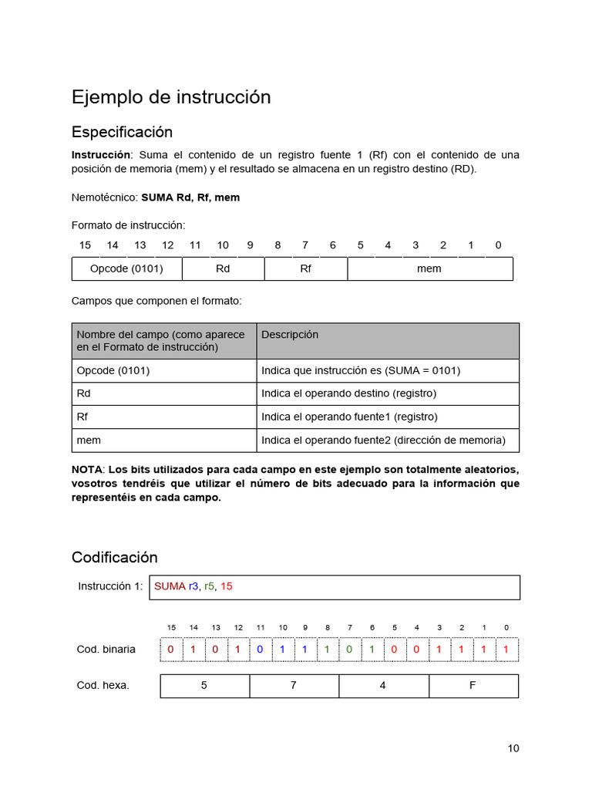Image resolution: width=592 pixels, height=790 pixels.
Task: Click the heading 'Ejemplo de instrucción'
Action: pyautogui.click(x=171, y=97)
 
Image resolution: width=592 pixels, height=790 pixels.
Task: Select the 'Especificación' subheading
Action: pyautogui.click(x=122, y=132)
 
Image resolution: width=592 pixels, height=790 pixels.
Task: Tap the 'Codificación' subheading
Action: pyautogui.click(x=114, y=557)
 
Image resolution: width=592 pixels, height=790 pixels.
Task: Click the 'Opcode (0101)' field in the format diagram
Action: pyautogui.click(x=126, y=268)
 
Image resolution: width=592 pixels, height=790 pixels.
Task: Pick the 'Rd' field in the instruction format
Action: pyautogui.click(x=223, y=268)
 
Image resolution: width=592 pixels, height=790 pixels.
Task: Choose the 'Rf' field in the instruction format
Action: pyautogui.click(x=305, y=268)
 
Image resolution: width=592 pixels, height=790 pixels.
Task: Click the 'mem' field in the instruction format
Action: pyautogui.click(x=429, y=268)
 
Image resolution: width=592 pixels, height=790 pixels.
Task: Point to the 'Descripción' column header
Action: pyautogui.click(x=290, y=335)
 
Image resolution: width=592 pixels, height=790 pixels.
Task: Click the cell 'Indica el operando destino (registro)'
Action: pyautogui.click(x=348, y=393)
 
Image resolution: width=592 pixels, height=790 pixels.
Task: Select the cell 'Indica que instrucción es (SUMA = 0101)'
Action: pyautogui.click(x=360, y=370)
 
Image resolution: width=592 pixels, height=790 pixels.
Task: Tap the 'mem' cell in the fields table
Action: pyautogui.click(x=89, y=440)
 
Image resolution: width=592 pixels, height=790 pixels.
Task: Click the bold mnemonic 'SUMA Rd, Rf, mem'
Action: pyautogui.click(x=190, y=197)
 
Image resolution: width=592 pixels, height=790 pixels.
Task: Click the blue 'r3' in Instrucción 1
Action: pyautogui.click(x=193, y=586)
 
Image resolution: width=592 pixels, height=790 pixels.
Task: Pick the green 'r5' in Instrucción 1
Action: pyautogui.click(x=210, y=586)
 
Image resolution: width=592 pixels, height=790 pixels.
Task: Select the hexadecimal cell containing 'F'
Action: pyautogui.click(x=473, y=685)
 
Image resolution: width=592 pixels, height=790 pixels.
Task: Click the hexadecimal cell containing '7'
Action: pyautogui.click(x=294, y=685)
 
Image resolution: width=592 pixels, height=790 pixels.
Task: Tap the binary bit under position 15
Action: pyautogui.click(x=171, y=650)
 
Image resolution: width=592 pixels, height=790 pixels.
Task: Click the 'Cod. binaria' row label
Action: pyautogui.click(x=106, y=650)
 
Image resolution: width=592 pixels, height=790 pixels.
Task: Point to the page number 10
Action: pyautogui.click(x=513, y=748)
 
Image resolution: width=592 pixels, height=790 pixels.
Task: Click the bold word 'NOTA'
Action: pyautogui.click(x=86, y=470)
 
